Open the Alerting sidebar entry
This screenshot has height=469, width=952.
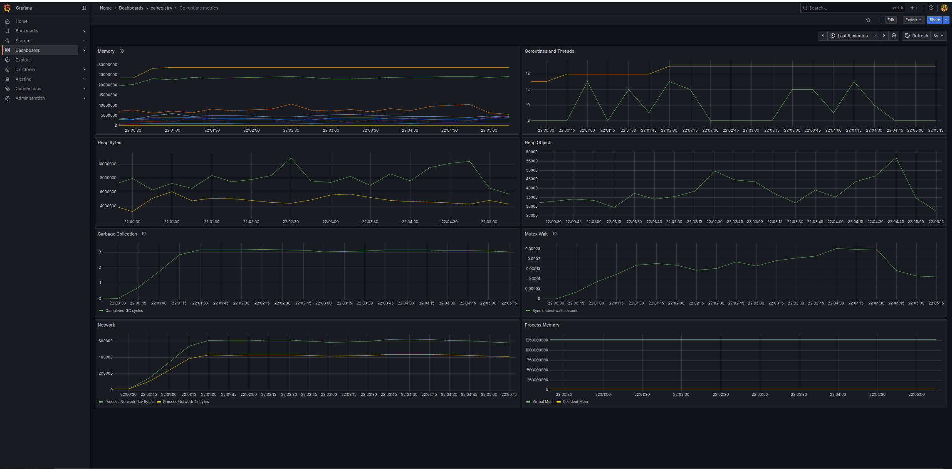click(23, 79)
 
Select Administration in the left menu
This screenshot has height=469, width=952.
click(30, 98)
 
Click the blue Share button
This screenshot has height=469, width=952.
click(934, 20)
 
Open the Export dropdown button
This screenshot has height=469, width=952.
click(913, 20)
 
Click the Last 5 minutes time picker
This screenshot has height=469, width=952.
click(852, 36)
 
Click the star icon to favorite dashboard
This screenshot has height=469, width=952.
click(868, 20)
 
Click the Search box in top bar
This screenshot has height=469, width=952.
click(848, 8)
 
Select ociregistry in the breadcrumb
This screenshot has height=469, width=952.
click(161, 8)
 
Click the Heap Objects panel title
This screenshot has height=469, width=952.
click(538, 142)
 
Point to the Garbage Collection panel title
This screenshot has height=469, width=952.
click(117, 234)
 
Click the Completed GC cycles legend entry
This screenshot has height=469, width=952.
click(124, 311)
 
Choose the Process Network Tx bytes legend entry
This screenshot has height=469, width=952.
click(186, 402)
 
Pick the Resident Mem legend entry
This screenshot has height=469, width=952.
click(575, 402)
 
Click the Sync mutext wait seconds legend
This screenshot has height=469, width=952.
click(555, 311)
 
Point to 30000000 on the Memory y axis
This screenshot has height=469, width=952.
click(108, 65)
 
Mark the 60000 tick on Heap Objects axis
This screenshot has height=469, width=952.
click(532, 152)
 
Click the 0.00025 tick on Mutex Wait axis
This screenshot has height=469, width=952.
click(533, 249)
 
